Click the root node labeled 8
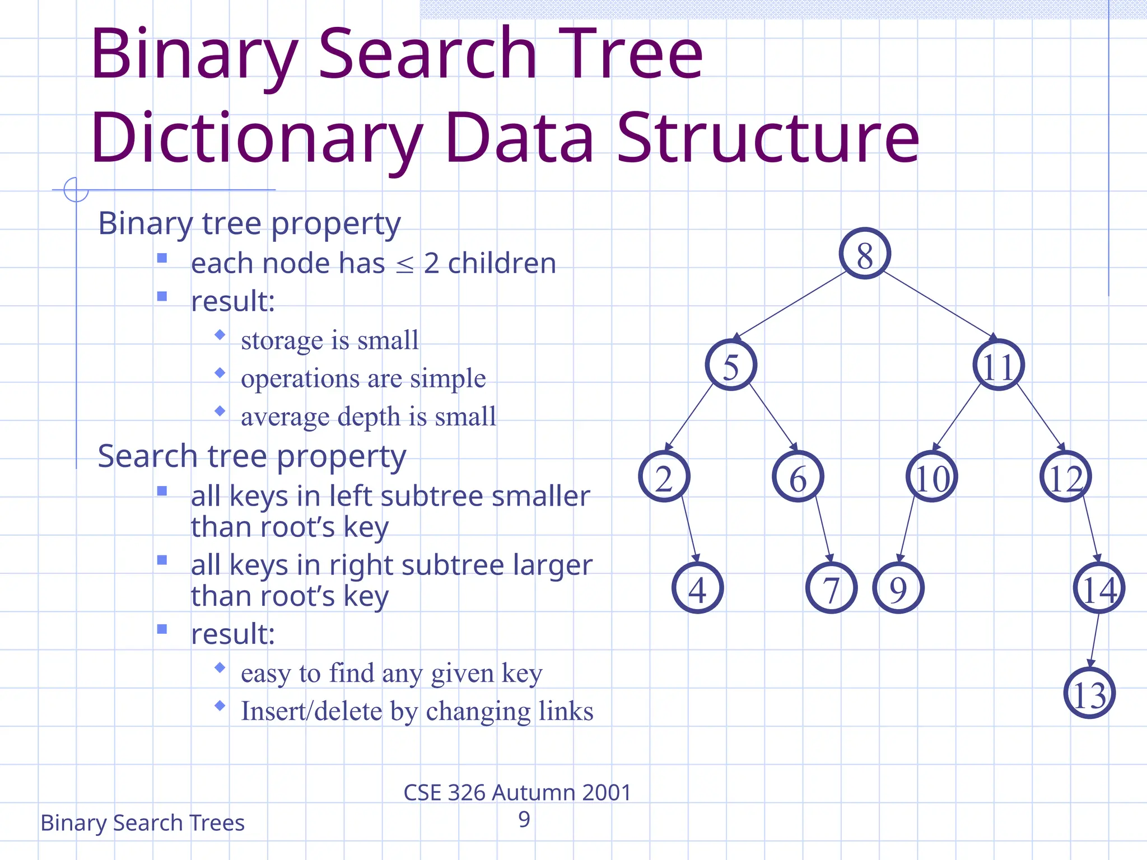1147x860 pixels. coord(864,254)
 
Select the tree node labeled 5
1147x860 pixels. coord(731,365)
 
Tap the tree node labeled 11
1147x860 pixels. coord(999,365)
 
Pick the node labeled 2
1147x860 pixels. coord(664,476)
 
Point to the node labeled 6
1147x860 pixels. coord(798,476)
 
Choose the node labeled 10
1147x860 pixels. coord(932,476)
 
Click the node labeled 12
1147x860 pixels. coord(1066,476)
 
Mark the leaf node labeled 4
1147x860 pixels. coord(697,588)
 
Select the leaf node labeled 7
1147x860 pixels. coord(831,588)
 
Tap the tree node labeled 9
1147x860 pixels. coord(898,588)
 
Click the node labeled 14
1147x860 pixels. coord(1099,588)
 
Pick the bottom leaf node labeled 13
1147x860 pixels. coord(1089,693)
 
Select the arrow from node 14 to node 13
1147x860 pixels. coord(1094,640)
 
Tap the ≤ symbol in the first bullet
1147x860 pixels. coord(404,265)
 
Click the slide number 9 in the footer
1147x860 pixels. coord(524,819)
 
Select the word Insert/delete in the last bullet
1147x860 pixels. coord(311,711)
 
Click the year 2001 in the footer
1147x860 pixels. coord(607,793)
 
